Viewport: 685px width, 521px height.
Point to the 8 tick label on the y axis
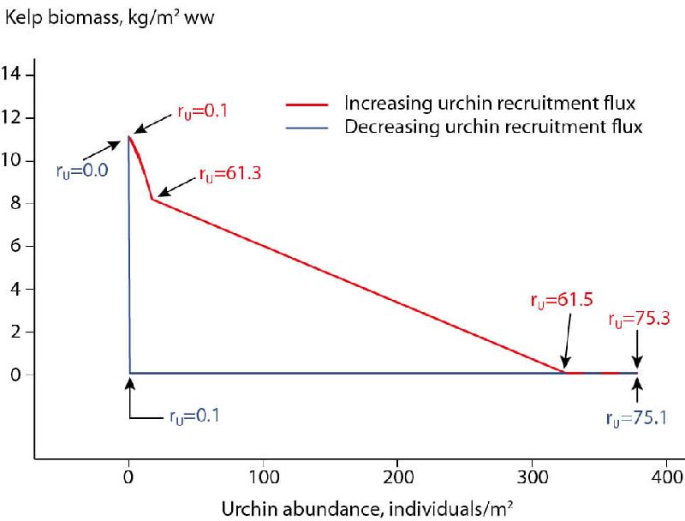click(x=17, y=204)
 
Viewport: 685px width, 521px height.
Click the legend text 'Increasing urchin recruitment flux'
click(x=489, y=105)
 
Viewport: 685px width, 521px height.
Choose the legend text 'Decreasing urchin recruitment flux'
click(x=493, y=127)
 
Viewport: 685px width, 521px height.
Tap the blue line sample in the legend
click(x=305, y=127)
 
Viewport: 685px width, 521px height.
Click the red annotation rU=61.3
click(x=229, y=174)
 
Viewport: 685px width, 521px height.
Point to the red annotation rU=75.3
click(x=640, y=320)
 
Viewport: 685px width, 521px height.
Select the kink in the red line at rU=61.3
click(x=152, y=199)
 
